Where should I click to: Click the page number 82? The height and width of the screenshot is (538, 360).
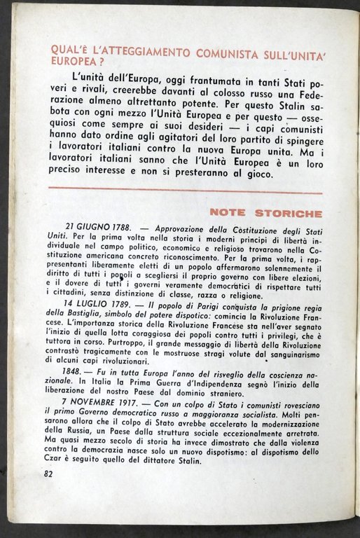click(48, 473)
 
